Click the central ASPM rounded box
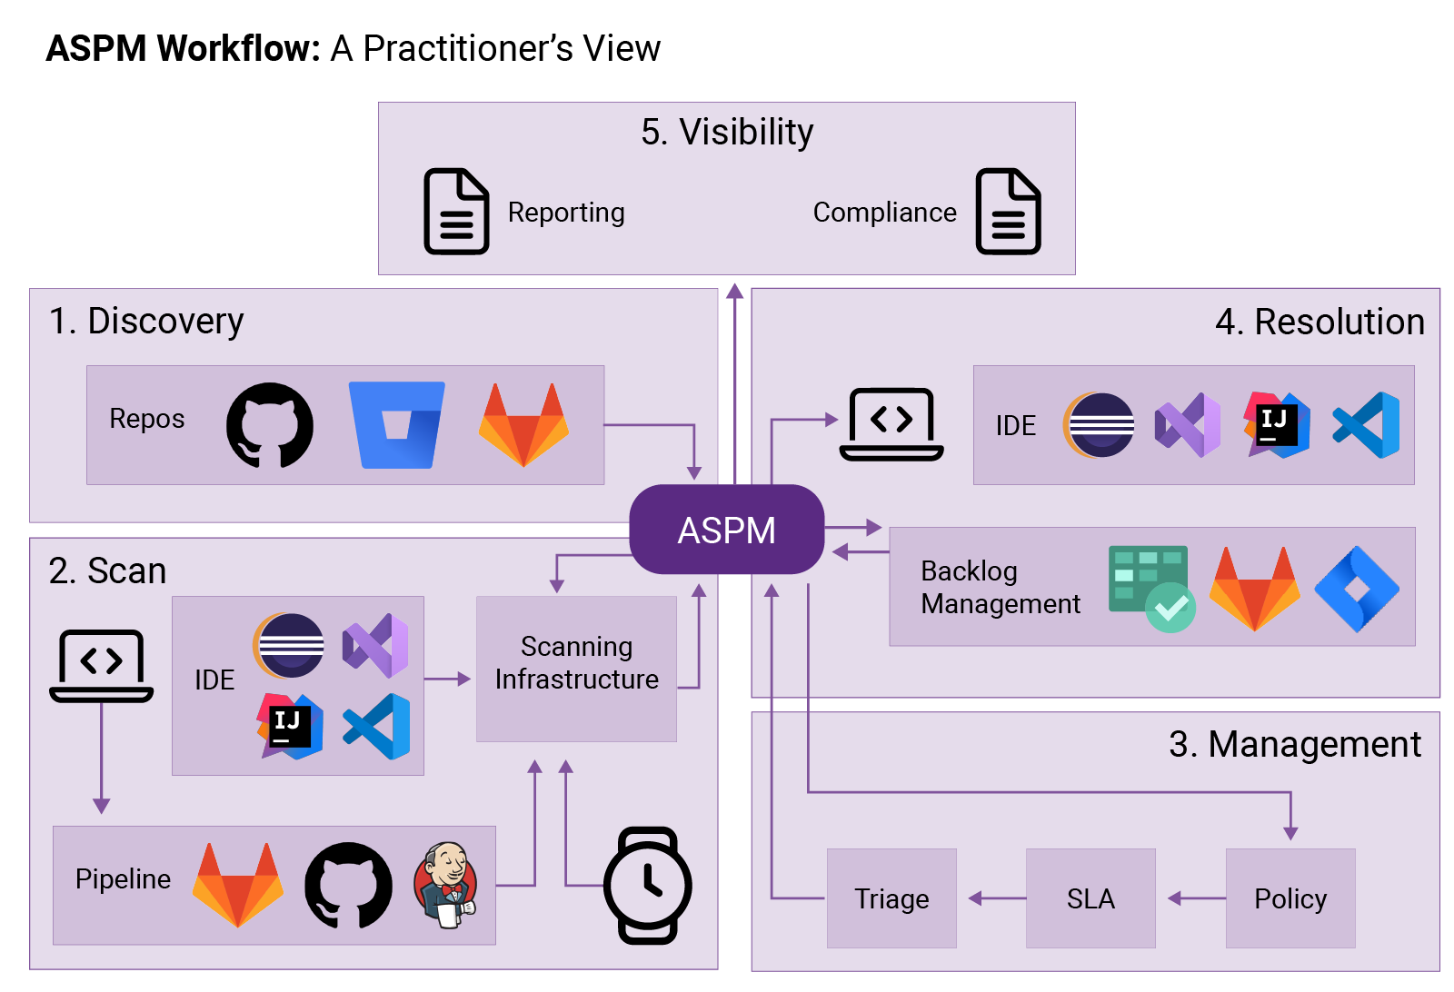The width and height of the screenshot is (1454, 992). click(726, 530)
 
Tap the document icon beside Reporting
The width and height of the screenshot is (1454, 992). click(456, 211)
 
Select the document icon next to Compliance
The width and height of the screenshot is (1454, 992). click(1008, 211)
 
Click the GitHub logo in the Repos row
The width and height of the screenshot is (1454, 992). click(270, 425)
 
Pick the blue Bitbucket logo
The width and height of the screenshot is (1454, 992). click(397, 425)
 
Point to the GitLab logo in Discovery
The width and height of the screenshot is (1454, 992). click(523, 425)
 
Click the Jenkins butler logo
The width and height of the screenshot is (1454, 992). click(445, 885)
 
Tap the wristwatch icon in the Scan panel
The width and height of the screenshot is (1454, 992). click(647, 885)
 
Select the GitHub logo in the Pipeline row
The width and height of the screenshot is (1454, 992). click(348, 885)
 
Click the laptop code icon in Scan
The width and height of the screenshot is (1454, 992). click(101, 666)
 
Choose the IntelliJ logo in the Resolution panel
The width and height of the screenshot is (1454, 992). click(1277, 425)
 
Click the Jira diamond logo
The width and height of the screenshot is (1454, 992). click(1357, 589)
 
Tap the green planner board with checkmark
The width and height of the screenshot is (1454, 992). click(1151, 589)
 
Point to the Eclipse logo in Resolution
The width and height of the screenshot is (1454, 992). click(1100, 425)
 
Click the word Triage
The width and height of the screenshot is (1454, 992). click(891, 898)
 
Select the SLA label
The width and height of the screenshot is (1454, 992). click(1090, 898)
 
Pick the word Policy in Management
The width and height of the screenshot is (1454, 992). click(1290, 898)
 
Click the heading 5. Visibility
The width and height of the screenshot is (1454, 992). click(727, 132)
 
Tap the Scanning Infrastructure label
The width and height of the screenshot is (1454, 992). click(577, 662)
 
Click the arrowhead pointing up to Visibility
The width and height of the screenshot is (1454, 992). click(735, 291)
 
